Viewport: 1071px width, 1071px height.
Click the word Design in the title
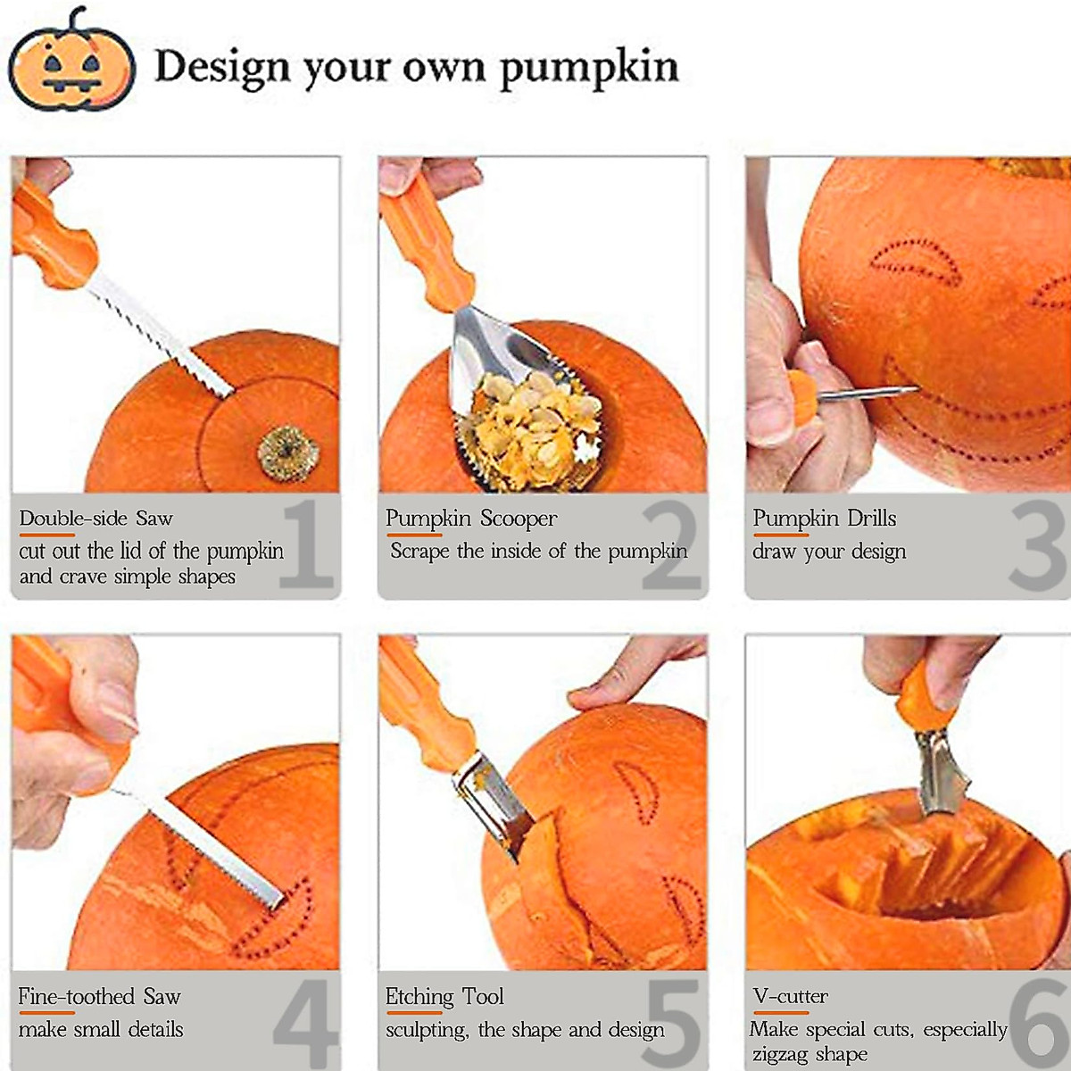coord(221,66)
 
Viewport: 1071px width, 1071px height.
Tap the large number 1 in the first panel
coord(307,545)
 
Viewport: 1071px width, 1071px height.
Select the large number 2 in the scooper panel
coord(671,545)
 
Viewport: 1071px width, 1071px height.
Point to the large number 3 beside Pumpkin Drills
coord(1038,545)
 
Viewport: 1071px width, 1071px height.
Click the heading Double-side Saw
coord(96,519)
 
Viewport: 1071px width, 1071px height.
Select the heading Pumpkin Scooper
coord(471,519)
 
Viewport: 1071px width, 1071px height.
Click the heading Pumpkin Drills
coord(824,519)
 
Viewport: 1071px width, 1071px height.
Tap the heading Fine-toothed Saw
coord(99,997)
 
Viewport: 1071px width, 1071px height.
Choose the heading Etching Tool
coord(444,997)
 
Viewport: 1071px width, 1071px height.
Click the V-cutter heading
coord(790,997)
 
